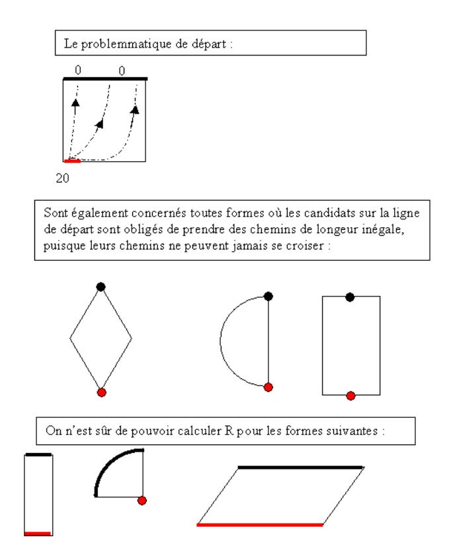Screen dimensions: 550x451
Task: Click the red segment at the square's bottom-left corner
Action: [x=72, y=160]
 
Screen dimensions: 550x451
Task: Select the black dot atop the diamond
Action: [x=101, y=287]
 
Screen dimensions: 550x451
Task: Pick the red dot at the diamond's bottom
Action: [x=101, y=392]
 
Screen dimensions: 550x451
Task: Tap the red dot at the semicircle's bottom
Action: [x=268, y=387]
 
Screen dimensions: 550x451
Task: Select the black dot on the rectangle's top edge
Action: [x=350, y=297]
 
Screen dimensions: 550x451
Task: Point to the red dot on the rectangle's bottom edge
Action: [x=350, y=395]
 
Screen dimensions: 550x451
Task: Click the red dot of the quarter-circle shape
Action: [x=142, y=500]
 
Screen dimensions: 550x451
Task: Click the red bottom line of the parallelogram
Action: [x=259, y=525]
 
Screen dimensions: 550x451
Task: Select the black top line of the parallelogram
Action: [x=300, y=467]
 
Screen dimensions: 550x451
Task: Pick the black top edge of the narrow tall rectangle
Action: [x=38, y=455]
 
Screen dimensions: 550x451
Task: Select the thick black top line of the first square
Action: [x=105, y=78]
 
